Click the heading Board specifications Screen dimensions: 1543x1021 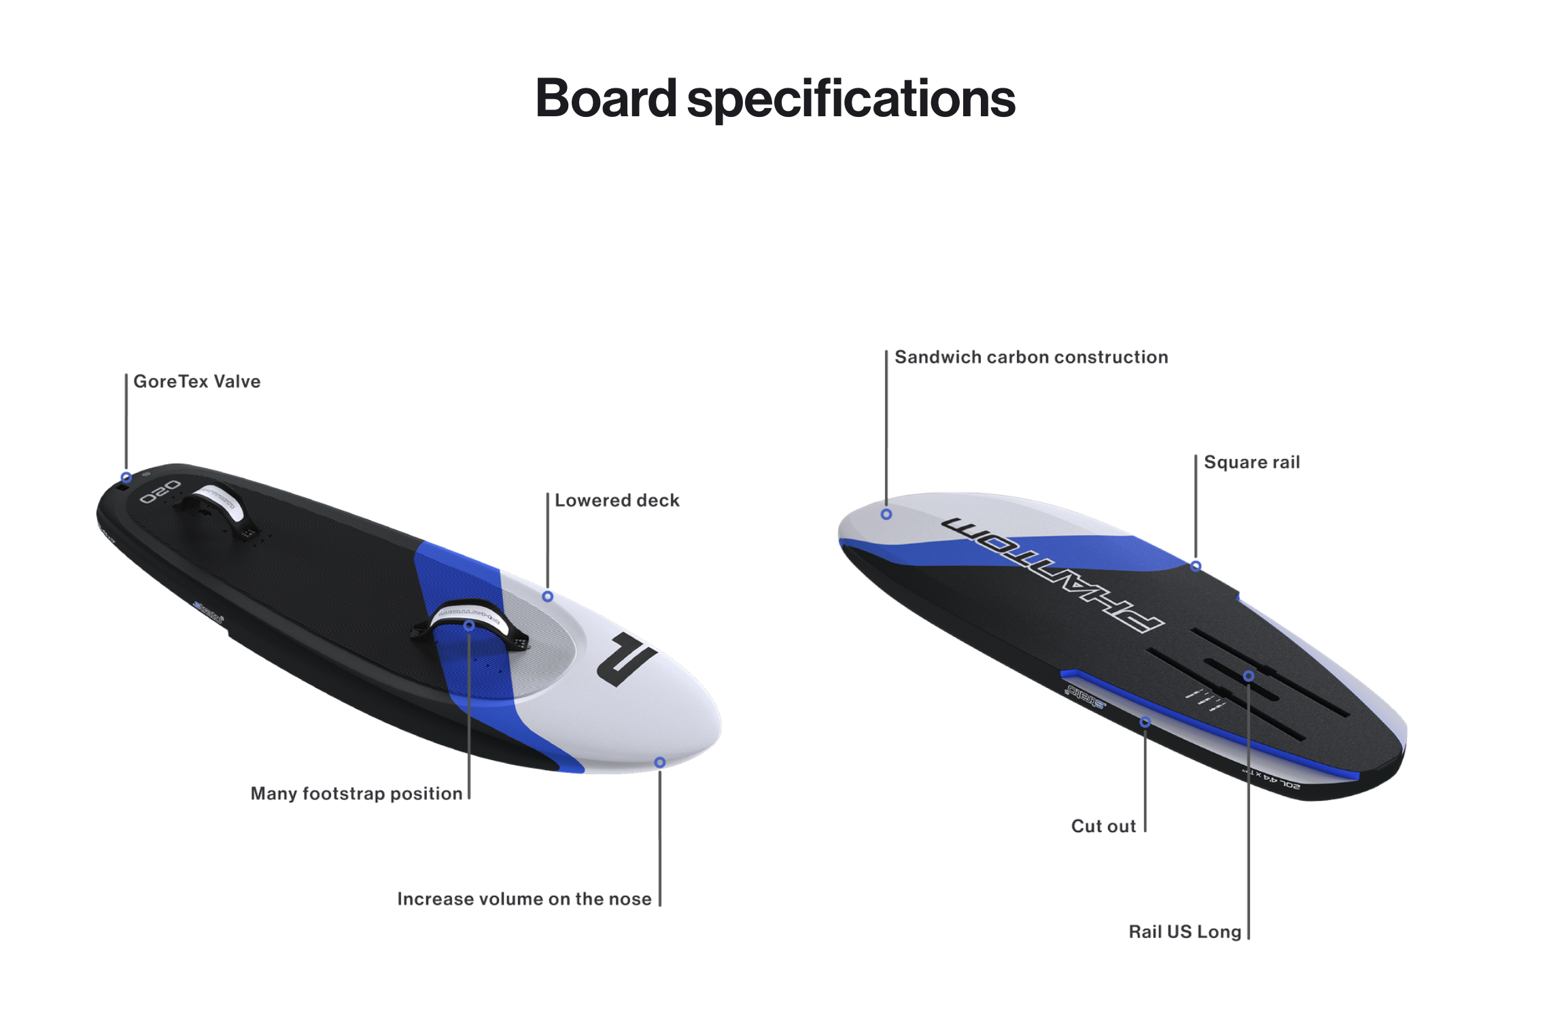[775, 99]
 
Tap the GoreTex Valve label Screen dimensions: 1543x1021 [196, 381]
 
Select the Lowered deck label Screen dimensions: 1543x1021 [617, 500]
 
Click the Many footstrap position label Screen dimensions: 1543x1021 [356, 793]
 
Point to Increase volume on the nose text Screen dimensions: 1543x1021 [524, 899]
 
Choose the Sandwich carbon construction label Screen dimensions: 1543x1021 [1030, 357]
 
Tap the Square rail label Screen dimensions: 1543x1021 [1251, 462]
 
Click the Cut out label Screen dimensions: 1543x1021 [1103, 826]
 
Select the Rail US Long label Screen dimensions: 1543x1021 [1185, 931]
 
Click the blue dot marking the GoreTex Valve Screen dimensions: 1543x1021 [126, 477]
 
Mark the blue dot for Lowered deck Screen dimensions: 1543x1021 [547, 597]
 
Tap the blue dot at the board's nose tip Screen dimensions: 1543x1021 [659, 763]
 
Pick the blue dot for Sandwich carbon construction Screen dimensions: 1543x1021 [886, 515]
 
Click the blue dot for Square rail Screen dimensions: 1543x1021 [1196, 566]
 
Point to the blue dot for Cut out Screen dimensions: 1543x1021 [1145, 723]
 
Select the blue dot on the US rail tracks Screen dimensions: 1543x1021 [1249, 676]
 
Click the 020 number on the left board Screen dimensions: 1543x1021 [160, 491]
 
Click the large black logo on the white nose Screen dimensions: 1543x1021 [626, 659]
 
